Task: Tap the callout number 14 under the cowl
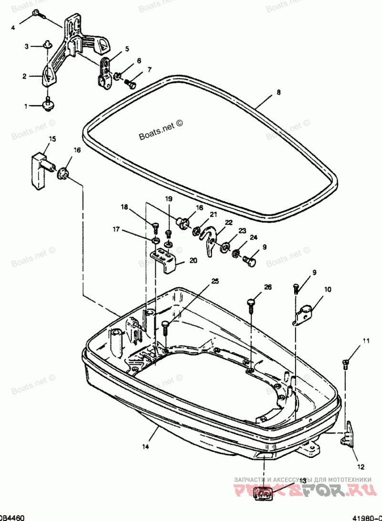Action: (145, 447)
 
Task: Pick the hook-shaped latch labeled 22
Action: (210, 240)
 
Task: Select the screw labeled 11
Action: (346, 363)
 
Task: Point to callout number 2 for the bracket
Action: (24, 75)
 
